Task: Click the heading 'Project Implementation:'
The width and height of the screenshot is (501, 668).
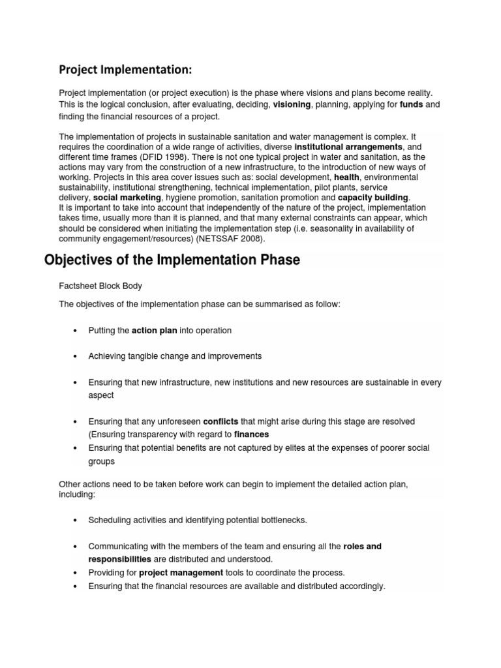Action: pos(127,69)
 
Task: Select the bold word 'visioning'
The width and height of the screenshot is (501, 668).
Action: pos(292,104)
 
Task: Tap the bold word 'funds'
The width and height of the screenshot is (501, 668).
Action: pos(412,104)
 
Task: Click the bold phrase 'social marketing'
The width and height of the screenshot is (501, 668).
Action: pos(127,198)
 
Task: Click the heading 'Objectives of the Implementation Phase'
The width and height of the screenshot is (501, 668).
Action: pos(172,260)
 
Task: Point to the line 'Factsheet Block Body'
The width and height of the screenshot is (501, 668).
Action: pos(100,286)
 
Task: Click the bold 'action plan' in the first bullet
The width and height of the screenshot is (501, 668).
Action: pos(155,331)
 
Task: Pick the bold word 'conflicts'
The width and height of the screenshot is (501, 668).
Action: pos(220,421)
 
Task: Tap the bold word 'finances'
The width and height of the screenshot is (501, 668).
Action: pos(251,434)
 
